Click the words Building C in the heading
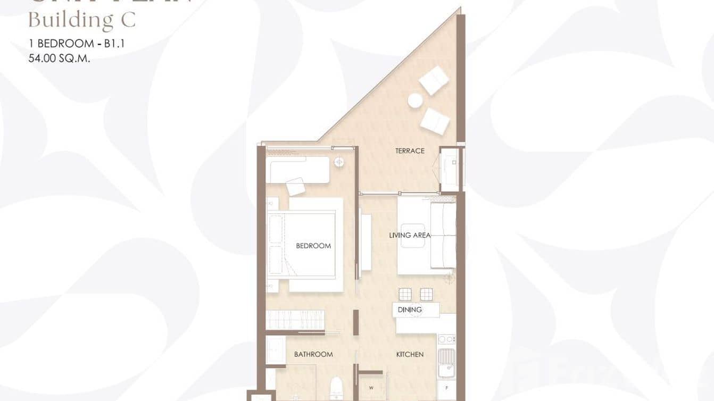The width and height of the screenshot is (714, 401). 82,20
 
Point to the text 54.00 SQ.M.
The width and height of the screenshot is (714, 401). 59,59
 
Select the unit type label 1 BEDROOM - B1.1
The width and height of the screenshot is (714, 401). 77,44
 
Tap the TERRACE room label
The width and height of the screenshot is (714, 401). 410,151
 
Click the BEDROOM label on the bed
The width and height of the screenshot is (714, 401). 313,246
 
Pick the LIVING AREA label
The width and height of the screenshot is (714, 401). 410,235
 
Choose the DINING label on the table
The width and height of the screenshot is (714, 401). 410,310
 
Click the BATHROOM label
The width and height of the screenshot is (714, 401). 313,354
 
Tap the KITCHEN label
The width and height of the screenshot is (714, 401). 410,354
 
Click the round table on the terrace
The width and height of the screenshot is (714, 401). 415,100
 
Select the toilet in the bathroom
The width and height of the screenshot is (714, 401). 336,388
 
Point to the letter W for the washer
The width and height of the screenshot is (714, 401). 371,387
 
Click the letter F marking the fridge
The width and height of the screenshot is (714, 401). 446,388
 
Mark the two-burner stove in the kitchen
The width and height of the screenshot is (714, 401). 446,339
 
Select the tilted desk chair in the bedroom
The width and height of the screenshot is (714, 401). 296,186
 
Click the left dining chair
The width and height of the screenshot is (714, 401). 405,294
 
